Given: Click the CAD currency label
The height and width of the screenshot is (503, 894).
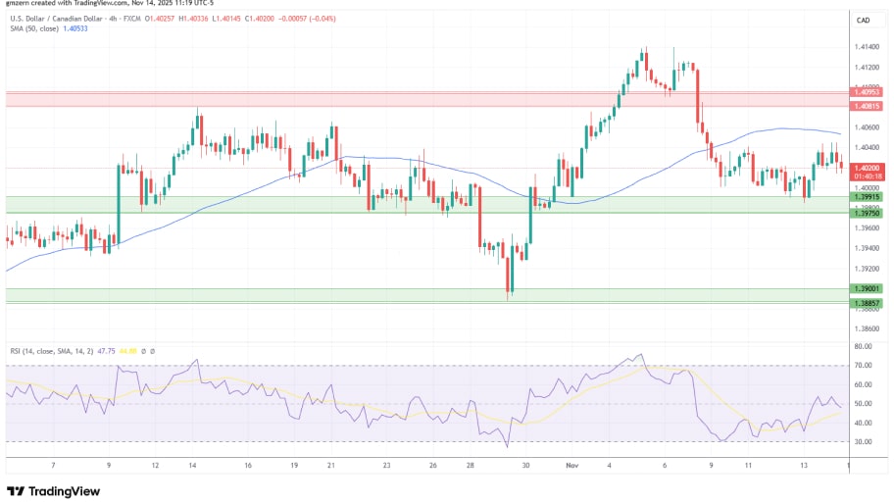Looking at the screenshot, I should click(x=864, y=21).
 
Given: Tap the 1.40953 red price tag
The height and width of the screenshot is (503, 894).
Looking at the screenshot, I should click(x=868, y=92).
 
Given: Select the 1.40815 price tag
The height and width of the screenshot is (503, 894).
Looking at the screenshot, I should click(x=868, y=106).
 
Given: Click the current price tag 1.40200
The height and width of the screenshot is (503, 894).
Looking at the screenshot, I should click(x=868, y=168).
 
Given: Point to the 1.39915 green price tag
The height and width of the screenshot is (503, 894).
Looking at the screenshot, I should click(x=868, y=197).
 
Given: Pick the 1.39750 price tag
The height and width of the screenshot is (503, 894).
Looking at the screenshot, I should click(x=868, y=213).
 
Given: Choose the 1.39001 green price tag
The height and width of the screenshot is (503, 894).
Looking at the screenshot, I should click(x=868, y=289).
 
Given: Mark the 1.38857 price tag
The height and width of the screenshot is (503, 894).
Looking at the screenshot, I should click(x=868, y=303).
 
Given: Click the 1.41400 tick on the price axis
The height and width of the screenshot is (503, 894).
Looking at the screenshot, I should click(x=867, y=47).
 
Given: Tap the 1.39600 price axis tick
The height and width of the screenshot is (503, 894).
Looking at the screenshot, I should click(x=867, y=228).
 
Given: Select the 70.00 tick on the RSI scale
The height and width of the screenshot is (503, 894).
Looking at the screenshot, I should click(x=864, y=366).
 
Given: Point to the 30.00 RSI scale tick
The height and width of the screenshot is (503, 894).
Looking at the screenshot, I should click(x=864, y=441).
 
